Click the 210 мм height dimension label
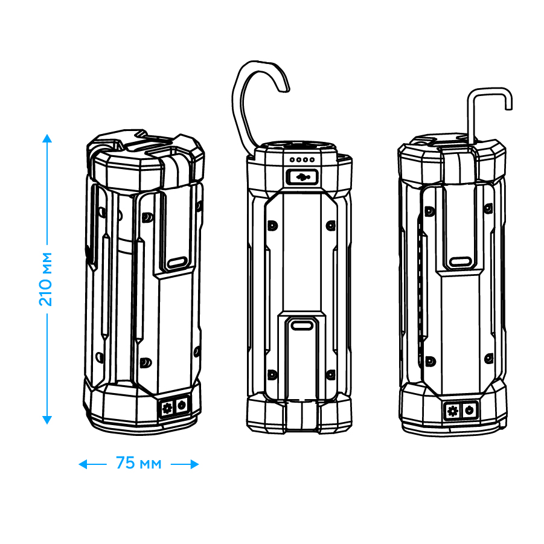pyautogui.click(x=45, y=280)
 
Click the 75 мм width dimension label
pyautogui.click(x=139, y=463)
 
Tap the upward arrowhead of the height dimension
pyautogui.click(x=47, y=138)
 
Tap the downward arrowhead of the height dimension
pyautogui.click(x=47, y=420)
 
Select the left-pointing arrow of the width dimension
pyautogui.click(x=92, y=464)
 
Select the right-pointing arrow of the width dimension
pyautogui.click(x=185, y=464)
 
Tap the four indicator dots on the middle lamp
pyautogui.click(x=302, y=159)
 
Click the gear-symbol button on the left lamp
pyautogui.click(x=167, y=408)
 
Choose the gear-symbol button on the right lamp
pyautogui.click(x=453, y=411)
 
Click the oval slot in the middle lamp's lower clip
pyautogui.click(x=302, y=325)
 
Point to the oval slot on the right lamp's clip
pyautogui.click(x=461, y=261)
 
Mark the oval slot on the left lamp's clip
pyautogui.click(x=178, y=262)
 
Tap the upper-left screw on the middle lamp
pyautogui.click(x=273, y=226)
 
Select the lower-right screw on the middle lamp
pyautogui.click(x=331, y=375)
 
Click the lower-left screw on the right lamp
pyautogui.click(x=430, y=361)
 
